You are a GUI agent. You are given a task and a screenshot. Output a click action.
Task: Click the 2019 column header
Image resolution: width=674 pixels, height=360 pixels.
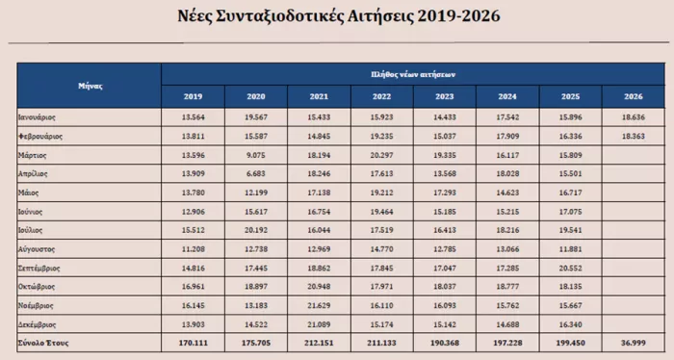[x=193, y=96]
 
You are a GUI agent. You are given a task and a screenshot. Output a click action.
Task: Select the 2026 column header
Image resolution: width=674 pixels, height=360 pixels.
[x=635, y=96]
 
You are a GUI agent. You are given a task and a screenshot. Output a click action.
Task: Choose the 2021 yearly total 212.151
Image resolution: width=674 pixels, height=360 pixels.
[x=319, y=342]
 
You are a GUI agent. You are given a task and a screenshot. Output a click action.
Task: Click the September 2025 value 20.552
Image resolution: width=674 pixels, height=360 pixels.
[x=571, y=267]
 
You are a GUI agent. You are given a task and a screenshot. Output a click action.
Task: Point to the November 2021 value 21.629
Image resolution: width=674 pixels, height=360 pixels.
[x=319, y=304]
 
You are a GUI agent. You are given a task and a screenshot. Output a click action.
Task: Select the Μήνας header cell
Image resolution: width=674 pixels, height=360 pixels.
[x=90, y=85]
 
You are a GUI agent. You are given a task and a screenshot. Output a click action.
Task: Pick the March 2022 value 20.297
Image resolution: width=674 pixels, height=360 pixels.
[x=382, y=154]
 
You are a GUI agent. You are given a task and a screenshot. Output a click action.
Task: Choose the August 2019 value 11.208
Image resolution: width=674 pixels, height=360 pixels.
[x=193, y=248]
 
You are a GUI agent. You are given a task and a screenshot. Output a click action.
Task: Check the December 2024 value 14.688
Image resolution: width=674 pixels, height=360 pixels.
[x=508, y=323]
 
